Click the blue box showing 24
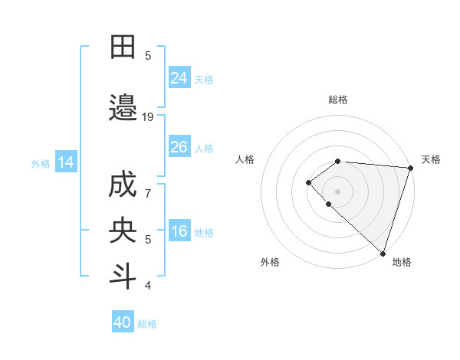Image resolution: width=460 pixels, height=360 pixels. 179,77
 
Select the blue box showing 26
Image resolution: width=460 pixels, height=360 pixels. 179,146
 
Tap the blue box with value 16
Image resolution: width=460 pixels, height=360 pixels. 179,231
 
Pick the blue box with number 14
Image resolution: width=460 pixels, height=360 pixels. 65,162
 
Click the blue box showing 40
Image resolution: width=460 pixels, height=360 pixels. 123,322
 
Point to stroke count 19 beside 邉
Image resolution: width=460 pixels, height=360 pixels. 148,117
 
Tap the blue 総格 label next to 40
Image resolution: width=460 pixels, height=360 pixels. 148,324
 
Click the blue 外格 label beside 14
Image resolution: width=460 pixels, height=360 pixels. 41,163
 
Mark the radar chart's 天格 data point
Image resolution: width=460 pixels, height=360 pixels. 410,168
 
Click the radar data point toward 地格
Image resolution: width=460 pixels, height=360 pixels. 383,254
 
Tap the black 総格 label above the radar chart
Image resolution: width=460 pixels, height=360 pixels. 338,100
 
